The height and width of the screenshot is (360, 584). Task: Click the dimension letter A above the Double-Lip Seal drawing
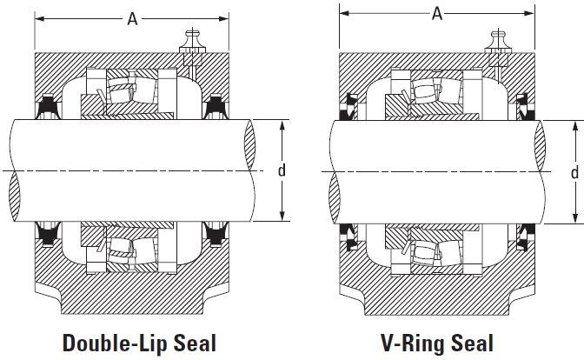pyautogui.click(x=132, y=18)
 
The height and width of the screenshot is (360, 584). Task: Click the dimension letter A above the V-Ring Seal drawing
pyautogui.click(x=437, y=14)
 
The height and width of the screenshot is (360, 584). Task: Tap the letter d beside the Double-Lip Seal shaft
pyautogui.click(x=282, y=170)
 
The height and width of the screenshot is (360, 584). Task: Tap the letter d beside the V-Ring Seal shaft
pyautogui.click(x=574, y=172)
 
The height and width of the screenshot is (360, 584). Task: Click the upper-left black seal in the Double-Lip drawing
pyautogui.click(x=48, y=107)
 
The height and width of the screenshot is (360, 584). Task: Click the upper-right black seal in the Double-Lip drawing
pyautogui.click(x=215, y=107)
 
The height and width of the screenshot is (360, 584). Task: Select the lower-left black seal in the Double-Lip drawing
pyautogui.click(x=48, y=235)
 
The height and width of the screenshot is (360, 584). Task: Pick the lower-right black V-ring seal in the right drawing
pyautogui.click(x=526, y=237)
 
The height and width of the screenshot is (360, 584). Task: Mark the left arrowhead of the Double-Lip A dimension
pyautogui.click(x=39, y=18)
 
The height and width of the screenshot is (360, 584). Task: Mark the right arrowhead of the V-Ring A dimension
pyautogui.click(x=529, y=14)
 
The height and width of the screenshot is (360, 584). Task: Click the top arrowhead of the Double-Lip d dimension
pyautogui.click(x=282, y=125)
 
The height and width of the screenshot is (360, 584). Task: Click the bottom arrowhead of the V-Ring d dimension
pyautogui.click(x=575, y=218)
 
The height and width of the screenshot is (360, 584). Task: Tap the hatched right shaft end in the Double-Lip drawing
pyautogui.click(x=250, y=144)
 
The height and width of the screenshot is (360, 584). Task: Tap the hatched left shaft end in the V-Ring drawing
pyautogui.click(x=335, y=197)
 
